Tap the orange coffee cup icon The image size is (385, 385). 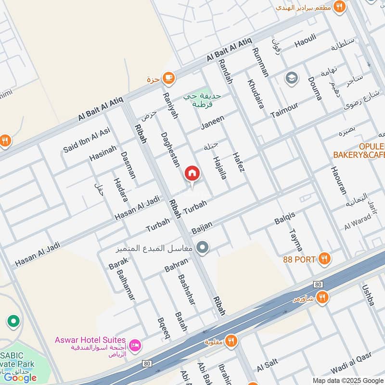(168, 77)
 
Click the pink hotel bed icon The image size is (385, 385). (136, 345)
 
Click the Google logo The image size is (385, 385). (20, 377)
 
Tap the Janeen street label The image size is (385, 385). (212, 123)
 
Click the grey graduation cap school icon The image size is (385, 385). (291, 77)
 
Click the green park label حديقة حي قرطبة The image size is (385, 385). (203, 100)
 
